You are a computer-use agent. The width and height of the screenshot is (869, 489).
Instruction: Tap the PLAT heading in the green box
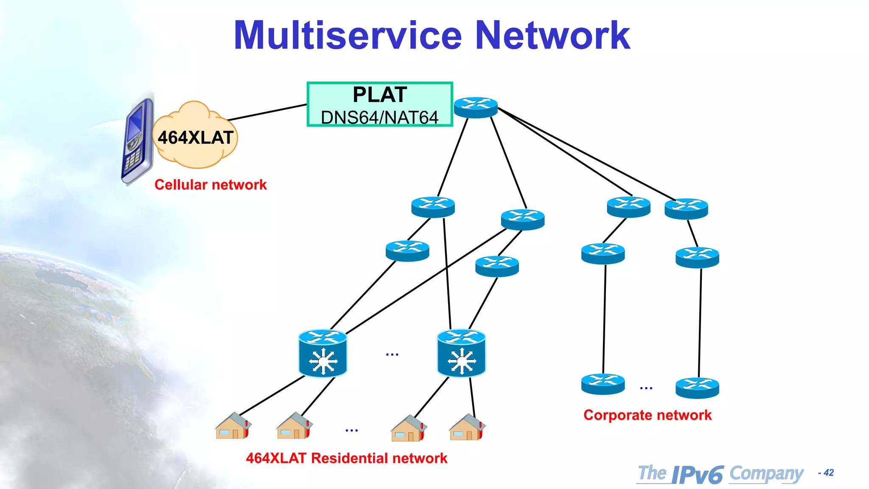tap(380, 95)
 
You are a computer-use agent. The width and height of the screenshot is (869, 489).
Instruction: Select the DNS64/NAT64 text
tap(380, 118)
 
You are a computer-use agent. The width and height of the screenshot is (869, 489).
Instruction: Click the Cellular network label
tap(210, 185)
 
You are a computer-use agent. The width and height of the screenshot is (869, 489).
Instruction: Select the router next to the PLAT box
tap(476, 107)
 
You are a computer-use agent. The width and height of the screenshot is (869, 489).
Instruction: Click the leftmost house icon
tap(233, 426)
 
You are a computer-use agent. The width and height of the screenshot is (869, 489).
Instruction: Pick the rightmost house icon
tap(467, 428)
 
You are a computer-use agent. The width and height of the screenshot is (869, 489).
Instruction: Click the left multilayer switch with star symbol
tap(323, 353)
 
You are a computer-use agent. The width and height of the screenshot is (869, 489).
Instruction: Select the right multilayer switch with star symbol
tap(461, 353)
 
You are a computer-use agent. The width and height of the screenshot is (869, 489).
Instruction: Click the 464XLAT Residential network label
tap(346, 458)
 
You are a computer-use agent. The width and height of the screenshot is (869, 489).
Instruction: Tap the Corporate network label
tap(647, 415)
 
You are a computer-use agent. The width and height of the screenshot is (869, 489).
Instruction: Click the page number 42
tap(828, 472)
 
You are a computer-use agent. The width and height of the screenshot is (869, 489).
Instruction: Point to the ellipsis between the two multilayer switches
tap(392, 354)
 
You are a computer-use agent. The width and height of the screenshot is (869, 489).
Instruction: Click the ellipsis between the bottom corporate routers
tap(646, 388)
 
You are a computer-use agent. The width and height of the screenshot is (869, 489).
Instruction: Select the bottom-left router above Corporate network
tap(603, 384)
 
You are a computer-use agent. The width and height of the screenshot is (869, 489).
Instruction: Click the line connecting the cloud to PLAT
tap(267, 112)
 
